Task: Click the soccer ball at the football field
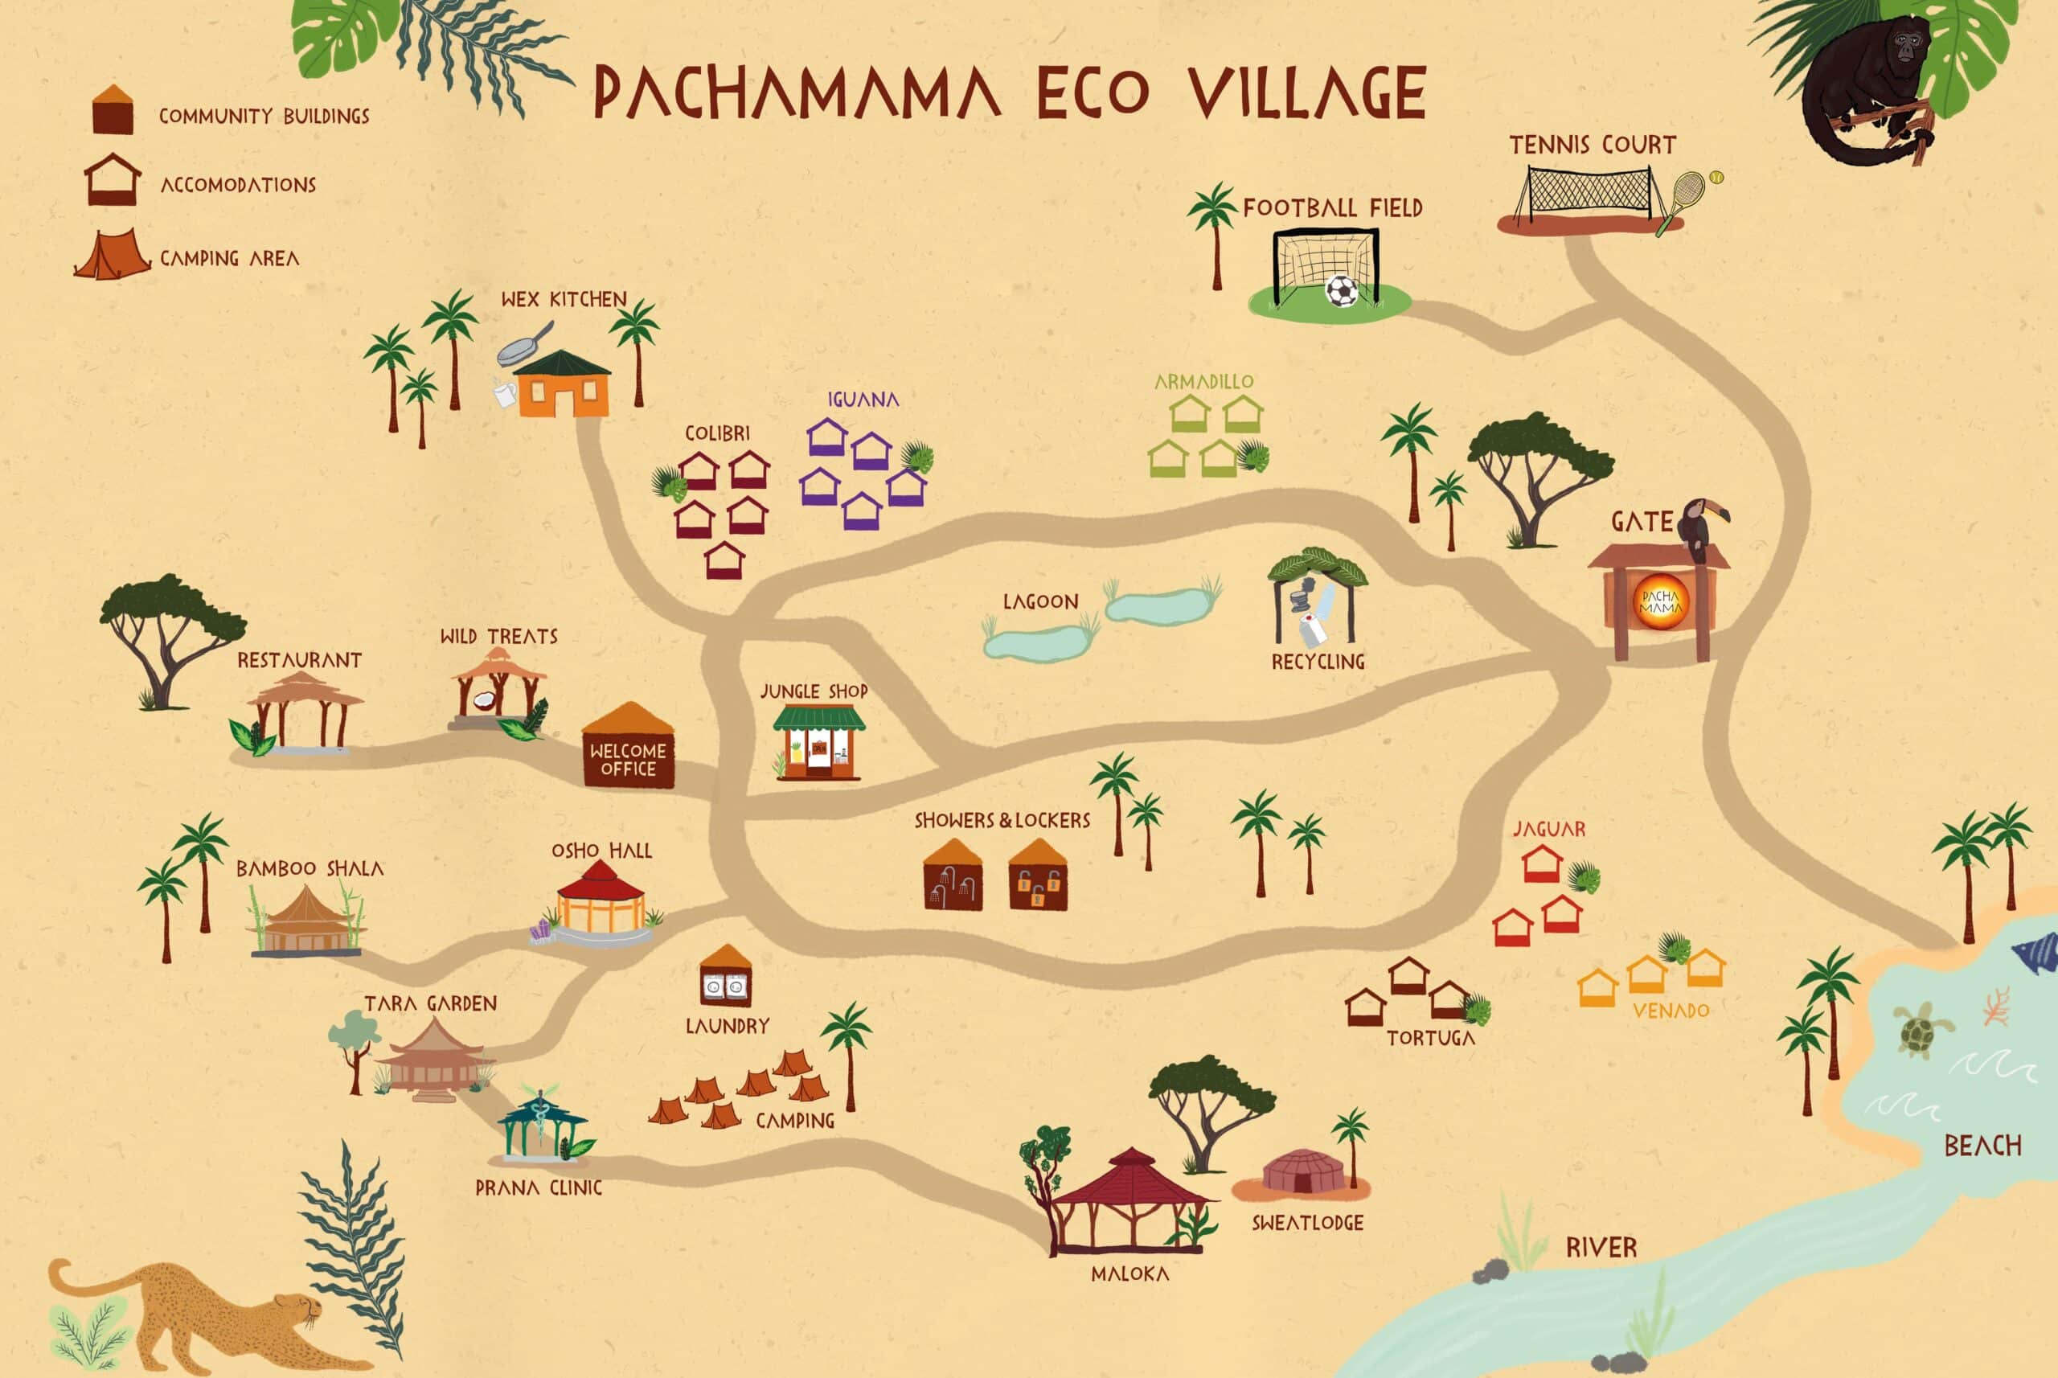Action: (1341, 291)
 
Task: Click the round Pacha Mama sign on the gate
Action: (1660, 602)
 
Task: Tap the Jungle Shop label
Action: (813, 691)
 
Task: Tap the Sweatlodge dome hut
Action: (1303, 1171)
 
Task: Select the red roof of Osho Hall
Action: (601, 882)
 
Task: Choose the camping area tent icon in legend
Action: (113, 256)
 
